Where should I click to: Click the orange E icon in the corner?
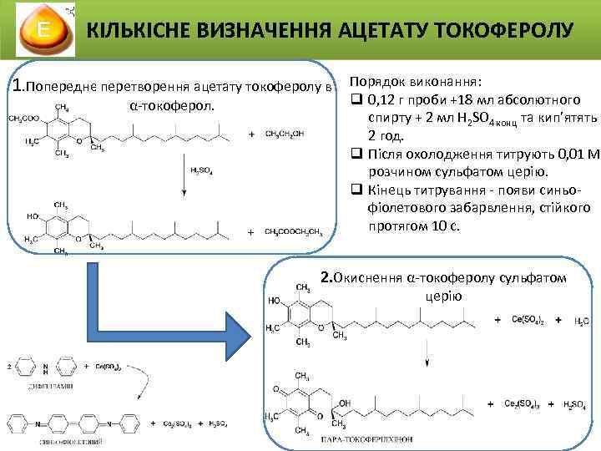coord(42,31)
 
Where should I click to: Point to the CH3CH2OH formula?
coord(285,134)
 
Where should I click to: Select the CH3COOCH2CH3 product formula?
coord(293,232)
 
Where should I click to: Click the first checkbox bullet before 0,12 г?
coord(356,102)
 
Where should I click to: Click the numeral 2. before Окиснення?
coord(326,277)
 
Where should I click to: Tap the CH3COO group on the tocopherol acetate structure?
coord(23,119)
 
